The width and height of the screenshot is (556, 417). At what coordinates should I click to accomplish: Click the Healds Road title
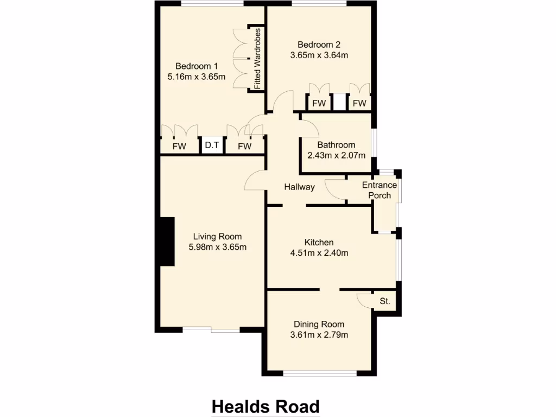tap(265, 406)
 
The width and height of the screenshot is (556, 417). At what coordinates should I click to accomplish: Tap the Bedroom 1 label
tap(197, 66)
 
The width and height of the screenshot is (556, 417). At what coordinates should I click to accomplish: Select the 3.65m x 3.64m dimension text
tap(319, 55)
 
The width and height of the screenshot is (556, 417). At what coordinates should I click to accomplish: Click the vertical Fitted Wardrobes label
tap(258, 58)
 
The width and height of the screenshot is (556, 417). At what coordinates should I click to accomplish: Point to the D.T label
tap(212, 146)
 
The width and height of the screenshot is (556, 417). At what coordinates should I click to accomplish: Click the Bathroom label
tap(336, 145)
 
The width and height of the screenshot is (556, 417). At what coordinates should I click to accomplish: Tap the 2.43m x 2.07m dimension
tap(336, 155)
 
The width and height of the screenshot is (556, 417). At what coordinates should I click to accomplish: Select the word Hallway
tap(299, 187)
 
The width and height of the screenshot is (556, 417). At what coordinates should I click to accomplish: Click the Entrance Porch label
tap(380, 190)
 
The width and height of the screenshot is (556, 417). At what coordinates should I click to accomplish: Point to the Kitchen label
tap(319, 242)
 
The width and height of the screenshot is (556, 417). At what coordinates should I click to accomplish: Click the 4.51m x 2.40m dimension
tap(319, 252)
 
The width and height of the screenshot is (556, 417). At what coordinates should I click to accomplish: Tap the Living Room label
tap(218, 237)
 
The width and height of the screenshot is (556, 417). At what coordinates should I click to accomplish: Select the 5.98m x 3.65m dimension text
tap(218, 248)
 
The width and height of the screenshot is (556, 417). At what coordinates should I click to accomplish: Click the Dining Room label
tap(319, 324)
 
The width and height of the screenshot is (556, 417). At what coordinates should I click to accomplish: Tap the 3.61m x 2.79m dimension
tap(319, 334)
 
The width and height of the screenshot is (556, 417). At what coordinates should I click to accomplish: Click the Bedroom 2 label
tap(319, 45)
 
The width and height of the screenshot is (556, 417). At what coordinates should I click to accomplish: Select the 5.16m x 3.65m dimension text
tap(197, 77)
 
